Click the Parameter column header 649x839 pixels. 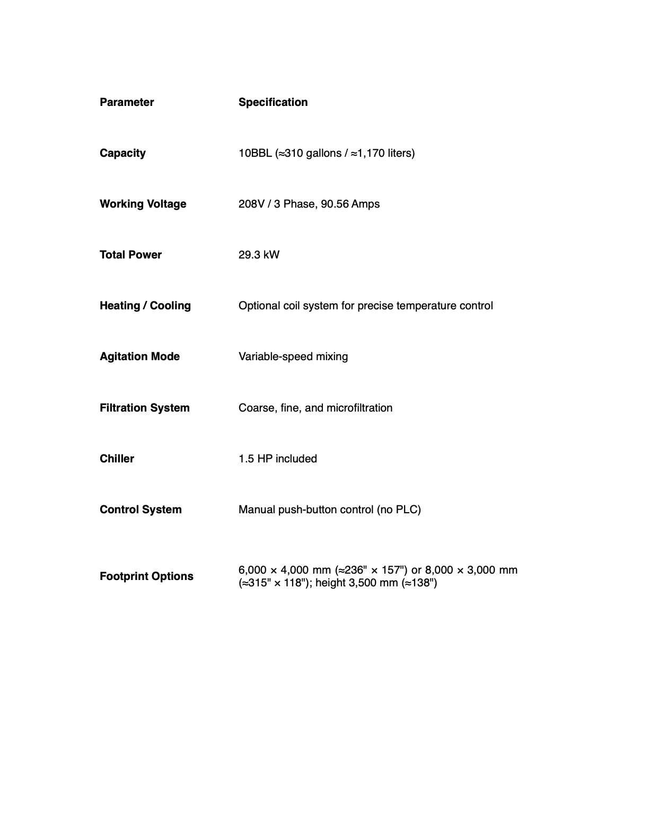point(127,102)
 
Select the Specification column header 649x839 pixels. point(273,102)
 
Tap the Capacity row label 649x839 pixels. point(122,153)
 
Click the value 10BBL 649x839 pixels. point(255,153)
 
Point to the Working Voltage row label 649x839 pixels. point(143,204)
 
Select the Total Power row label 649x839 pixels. point(130,255)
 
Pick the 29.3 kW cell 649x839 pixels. point(259,255)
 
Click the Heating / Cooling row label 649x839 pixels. point(145,306)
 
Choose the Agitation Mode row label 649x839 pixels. point(139,356)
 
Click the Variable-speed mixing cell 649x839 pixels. point(293,356)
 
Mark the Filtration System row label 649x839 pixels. point(144,408)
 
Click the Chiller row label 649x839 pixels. point(117,459)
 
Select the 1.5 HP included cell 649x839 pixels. point(277,459)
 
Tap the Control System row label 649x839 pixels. point(141,510)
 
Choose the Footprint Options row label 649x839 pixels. point(146,576)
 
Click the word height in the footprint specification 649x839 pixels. point(330,583)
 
